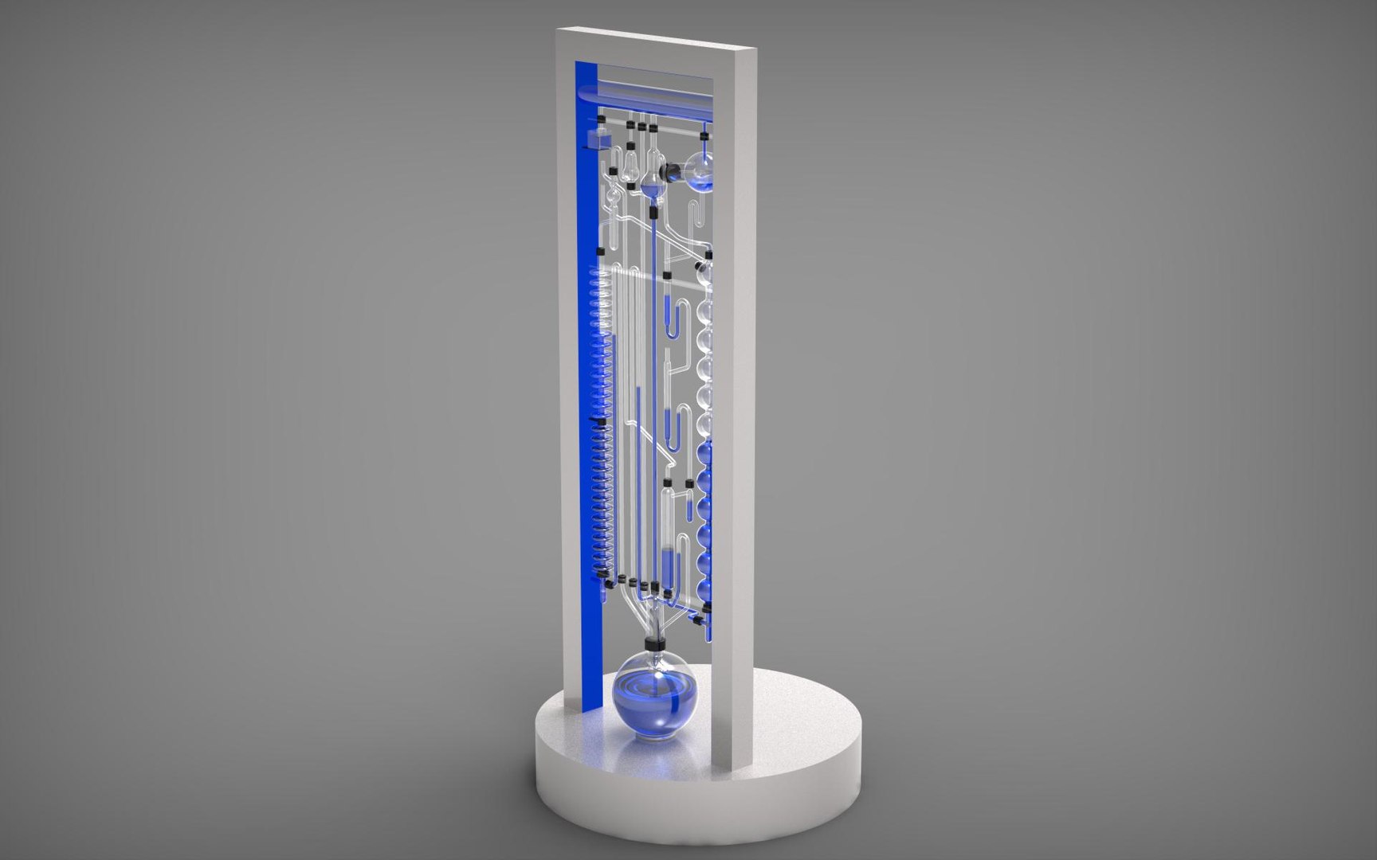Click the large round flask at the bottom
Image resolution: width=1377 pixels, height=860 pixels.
655,697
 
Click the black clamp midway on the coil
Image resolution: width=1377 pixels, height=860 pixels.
598,418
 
